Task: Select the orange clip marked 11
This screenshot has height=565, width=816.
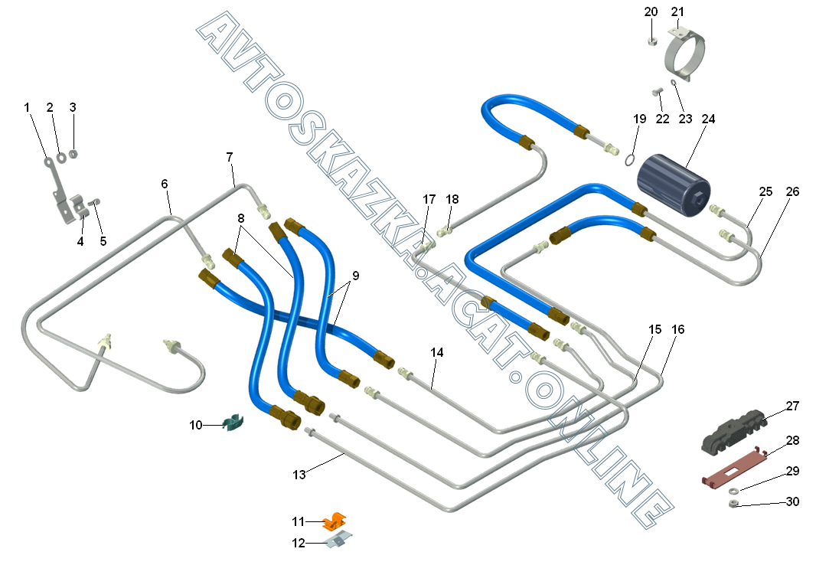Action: pyautogui.click(x=335, y=521)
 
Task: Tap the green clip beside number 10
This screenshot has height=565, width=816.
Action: pyautogui.click(x=231, y=421)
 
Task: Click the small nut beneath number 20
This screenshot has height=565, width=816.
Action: pyautogui.click(x=650, y=41)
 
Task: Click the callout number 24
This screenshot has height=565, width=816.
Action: pyautogui.click(x=708, y=119)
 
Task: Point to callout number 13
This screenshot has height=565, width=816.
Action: pyautogui.click(x=299, y=475)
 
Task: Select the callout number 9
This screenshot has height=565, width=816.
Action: pyautogui.click(x=355, y=276)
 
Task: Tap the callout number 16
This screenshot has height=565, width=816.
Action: pyautogui.click(x=678, y=329)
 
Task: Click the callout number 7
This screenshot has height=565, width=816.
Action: pyautogui.click(x=230, y=157)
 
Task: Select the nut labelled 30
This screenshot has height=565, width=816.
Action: pyautogui.click(x=733, y=504)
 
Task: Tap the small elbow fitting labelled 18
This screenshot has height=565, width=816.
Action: pyautogui.click(x=446, y=228)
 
